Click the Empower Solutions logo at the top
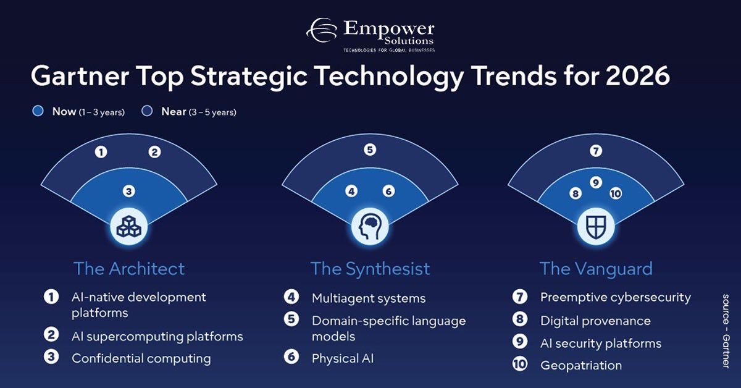point(371,36)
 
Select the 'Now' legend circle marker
point(38,111)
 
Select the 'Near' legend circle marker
point(146,111)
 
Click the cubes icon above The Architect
point(128,227)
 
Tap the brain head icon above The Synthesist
point(369,227)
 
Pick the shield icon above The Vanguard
point(595,227)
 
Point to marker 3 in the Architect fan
point(128,192)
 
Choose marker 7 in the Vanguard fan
point(595,150)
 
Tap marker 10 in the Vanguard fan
point(615,193)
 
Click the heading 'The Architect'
point(129,269)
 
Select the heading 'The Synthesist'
point(370,269)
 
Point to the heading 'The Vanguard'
point(596,269)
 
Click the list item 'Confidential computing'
point(141,358)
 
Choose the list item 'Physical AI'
point(342,358)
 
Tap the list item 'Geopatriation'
point(580,365)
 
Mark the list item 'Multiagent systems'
point(369,298)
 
